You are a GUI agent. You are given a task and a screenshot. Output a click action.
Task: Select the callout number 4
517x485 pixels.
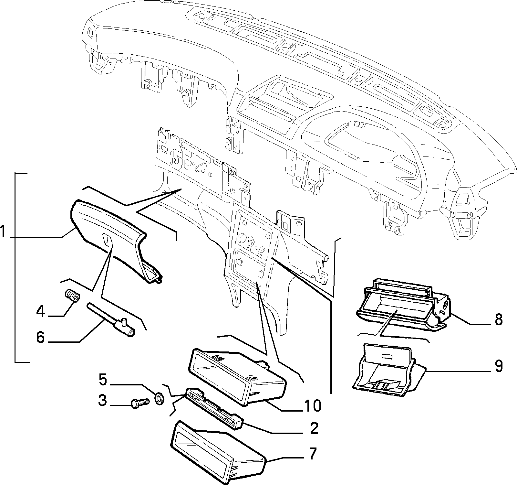pyautogui.click(x=41, y=312)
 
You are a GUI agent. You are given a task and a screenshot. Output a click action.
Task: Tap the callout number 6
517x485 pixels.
pyautogui.click(x=40, y=338)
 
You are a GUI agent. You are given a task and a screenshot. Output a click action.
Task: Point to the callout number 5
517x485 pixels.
pyautogui.click(x=103, y=380)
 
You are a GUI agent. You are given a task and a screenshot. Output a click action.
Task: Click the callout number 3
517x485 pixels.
pyautogui.click(x=102, y=401)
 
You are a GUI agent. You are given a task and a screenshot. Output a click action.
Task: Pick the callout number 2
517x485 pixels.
pyautogui.click(x=313, y=428)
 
